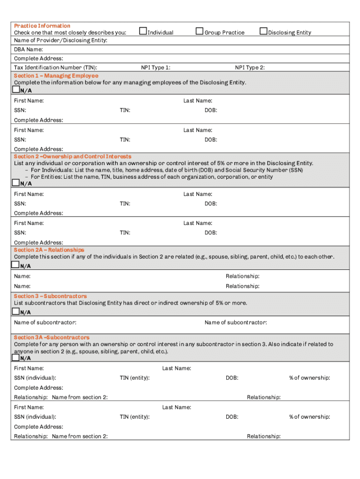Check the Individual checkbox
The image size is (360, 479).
coord(144,32)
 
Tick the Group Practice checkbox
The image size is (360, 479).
coord(200,32)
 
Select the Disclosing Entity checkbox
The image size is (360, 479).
coord(264,32)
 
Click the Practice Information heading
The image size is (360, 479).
coord(42,26)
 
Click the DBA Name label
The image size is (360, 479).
coord(29,49)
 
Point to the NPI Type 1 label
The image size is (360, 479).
coord(156,67)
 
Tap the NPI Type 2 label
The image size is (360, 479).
coord(250,67)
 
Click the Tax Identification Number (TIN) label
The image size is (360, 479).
coord(56,67)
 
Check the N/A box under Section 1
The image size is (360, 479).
coord(16,89)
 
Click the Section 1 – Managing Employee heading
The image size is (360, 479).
coord(56,75)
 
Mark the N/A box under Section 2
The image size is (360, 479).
coord(16,183)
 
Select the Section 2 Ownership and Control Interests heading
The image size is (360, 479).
coord(72,156)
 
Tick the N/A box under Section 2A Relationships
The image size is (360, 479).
coord(15,265)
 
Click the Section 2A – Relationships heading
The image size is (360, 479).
coord(49,250)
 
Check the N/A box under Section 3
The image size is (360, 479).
coord(15,312)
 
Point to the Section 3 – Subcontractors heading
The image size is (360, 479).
coord(50,296)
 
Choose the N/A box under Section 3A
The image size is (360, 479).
coord(15,357)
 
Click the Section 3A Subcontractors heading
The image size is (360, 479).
coord(51,337)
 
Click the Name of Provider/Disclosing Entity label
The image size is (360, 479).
coord(60,41)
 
